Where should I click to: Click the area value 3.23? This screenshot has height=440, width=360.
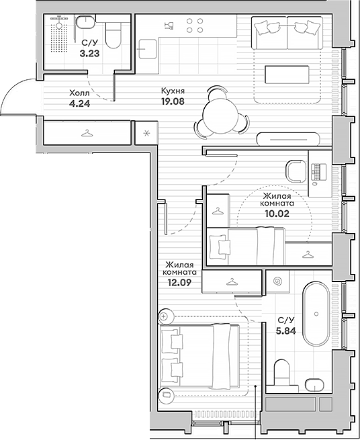click(x=89, y=53)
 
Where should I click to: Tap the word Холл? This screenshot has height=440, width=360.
click(x=79, y=93)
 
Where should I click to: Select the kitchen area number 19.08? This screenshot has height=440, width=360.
click(x=173, y=101)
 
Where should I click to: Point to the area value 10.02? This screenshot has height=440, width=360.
click(x=277, y=214)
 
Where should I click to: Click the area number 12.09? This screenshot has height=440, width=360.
click(x=179, y=283)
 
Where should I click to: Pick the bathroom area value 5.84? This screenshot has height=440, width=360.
click(x=286, y=331)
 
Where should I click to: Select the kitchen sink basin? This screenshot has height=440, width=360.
click(x=148, y=49)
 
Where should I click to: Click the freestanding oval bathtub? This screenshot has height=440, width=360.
click(x=316, y=314)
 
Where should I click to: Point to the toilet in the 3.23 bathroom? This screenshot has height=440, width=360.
click(x=114, y=35)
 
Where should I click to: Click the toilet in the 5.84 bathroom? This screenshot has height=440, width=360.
click(x=281, y=372)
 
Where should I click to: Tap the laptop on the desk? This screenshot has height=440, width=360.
click(x=319, y=172)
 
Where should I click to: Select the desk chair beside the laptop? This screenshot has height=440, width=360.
click(x=296, y=171)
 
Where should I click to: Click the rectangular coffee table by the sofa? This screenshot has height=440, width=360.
click(x=287, y=75)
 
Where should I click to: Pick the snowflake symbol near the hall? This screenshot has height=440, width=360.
click(x=146, y=133)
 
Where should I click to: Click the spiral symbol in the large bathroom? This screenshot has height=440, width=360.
click(x=278, y=281)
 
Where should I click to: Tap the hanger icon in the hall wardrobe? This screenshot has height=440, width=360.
click(x=87, y=133)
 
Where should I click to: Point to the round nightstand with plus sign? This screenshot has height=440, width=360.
click(x=164, y=316)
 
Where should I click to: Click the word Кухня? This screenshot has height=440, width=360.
click(x=173, y=91)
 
